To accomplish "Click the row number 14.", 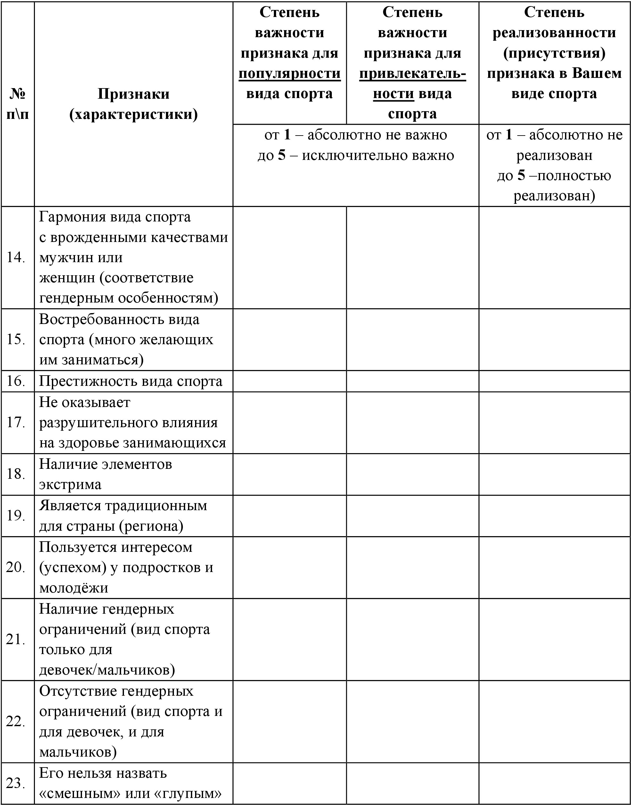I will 16,258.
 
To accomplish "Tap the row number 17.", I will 16,422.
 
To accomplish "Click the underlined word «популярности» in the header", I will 289,73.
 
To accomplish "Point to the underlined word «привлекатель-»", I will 412,73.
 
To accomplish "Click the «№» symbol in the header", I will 17,94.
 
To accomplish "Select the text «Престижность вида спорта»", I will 131,381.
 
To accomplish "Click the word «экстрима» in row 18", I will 70,484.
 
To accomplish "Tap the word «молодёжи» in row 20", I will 74,588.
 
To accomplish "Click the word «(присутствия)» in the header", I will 554,53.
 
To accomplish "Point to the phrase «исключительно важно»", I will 378,155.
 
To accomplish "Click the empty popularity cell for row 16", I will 289,381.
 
